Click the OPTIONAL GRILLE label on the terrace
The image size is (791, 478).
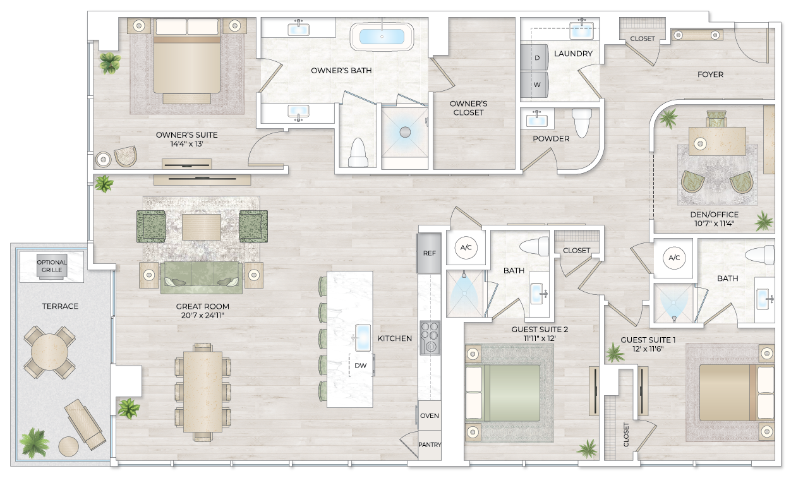pyautogui.click(x=52, y=266)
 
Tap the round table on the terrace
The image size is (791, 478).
pyautogui.click(x=45, y=352)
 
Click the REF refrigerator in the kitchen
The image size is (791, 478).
pyautogui.click(x=429, y=253)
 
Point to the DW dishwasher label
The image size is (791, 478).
pyautogui.click(x=361, y=365)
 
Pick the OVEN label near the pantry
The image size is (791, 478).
pyautogui.click(x=430, y=416)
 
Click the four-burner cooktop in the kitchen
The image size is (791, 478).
pyautogui.click(x=430, y=338)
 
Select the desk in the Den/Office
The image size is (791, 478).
pyautogui.click(x=717, y=141)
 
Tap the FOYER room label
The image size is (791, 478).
pyautogui.click(x=710, y=75)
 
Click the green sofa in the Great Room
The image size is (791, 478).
pyautogui.click(x=202, y=277)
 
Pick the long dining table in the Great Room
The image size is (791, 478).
pyautogui.click(x=203, y=391)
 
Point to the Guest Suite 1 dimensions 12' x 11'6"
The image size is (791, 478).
pyautogui.click(x=648, y=349)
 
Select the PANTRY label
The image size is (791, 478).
pyautogui.click(x=430, y=445)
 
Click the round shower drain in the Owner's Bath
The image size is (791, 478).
pyautogui.click(x=405, y=132)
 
